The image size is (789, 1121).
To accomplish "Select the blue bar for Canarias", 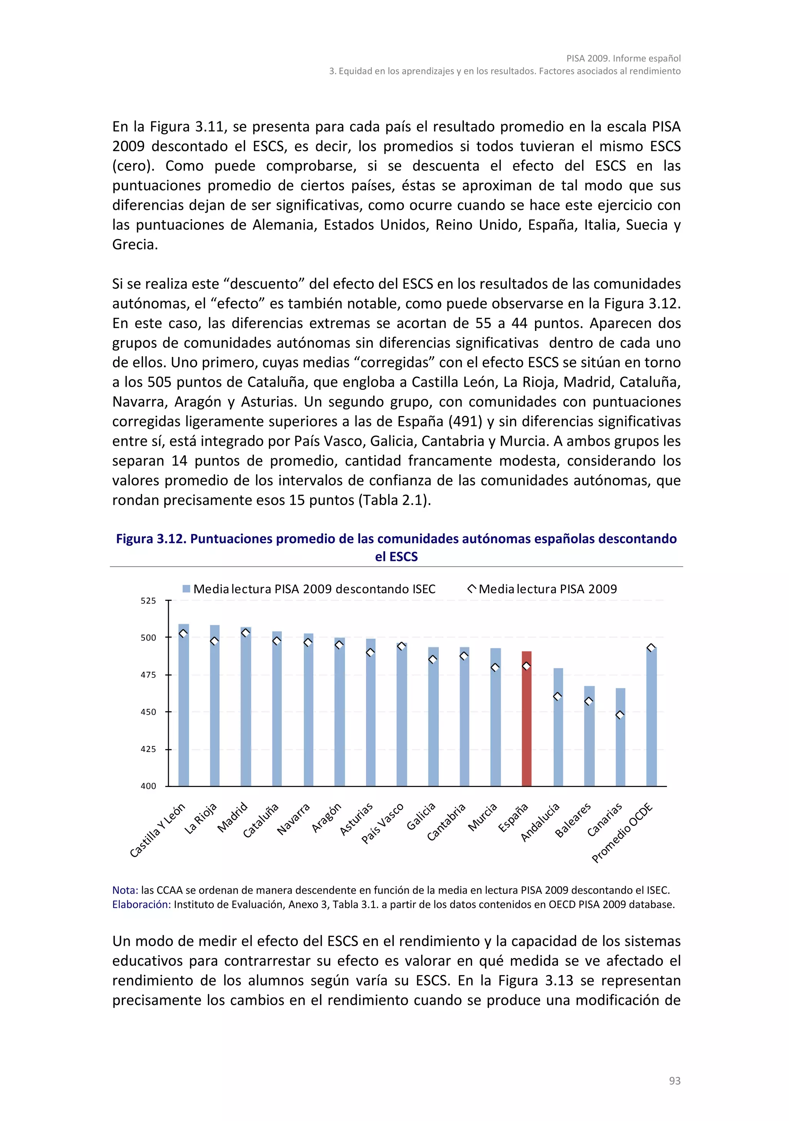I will (620, 737).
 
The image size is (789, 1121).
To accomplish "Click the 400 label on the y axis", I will (148, 786).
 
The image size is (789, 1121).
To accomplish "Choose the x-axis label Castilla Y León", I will (157, 830).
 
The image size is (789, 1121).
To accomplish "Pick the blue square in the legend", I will (186, 589).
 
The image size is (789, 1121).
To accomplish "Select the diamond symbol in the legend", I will (472, 589).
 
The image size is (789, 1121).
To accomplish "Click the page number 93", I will (674, 1081).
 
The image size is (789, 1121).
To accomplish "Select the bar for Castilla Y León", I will (184, 705).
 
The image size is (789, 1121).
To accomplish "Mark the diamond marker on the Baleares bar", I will (589, 701).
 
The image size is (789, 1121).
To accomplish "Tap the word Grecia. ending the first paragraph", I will (135, 245).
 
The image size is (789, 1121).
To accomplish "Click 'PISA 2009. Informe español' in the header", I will (623, 58).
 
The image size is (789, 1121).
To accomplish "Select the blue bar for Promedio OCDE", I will (651, 718).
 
